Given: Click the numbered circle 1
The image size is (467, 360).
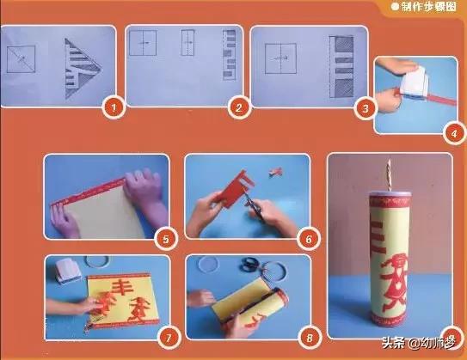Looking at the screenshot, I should (x=109, y=109).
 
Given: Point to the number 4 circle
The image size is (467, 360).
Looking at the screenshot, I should (x=457, y=134).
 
